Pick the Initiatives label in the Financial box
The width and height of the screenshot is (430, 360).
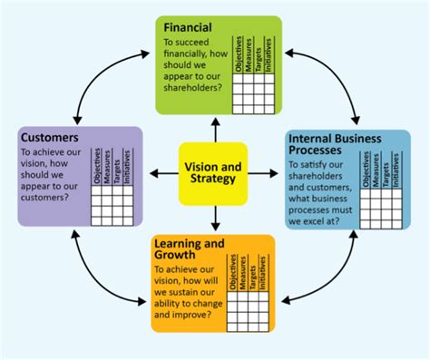tap(270, 54)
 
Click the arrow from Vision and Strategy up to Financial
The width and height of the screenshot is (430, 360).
tap(214, 131)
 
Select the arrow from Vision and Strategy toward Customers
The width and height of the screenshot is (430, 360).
tap(162, 170)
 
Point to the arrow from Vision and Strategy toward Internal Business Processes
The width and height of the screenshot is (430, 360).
tap(264, 170)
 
